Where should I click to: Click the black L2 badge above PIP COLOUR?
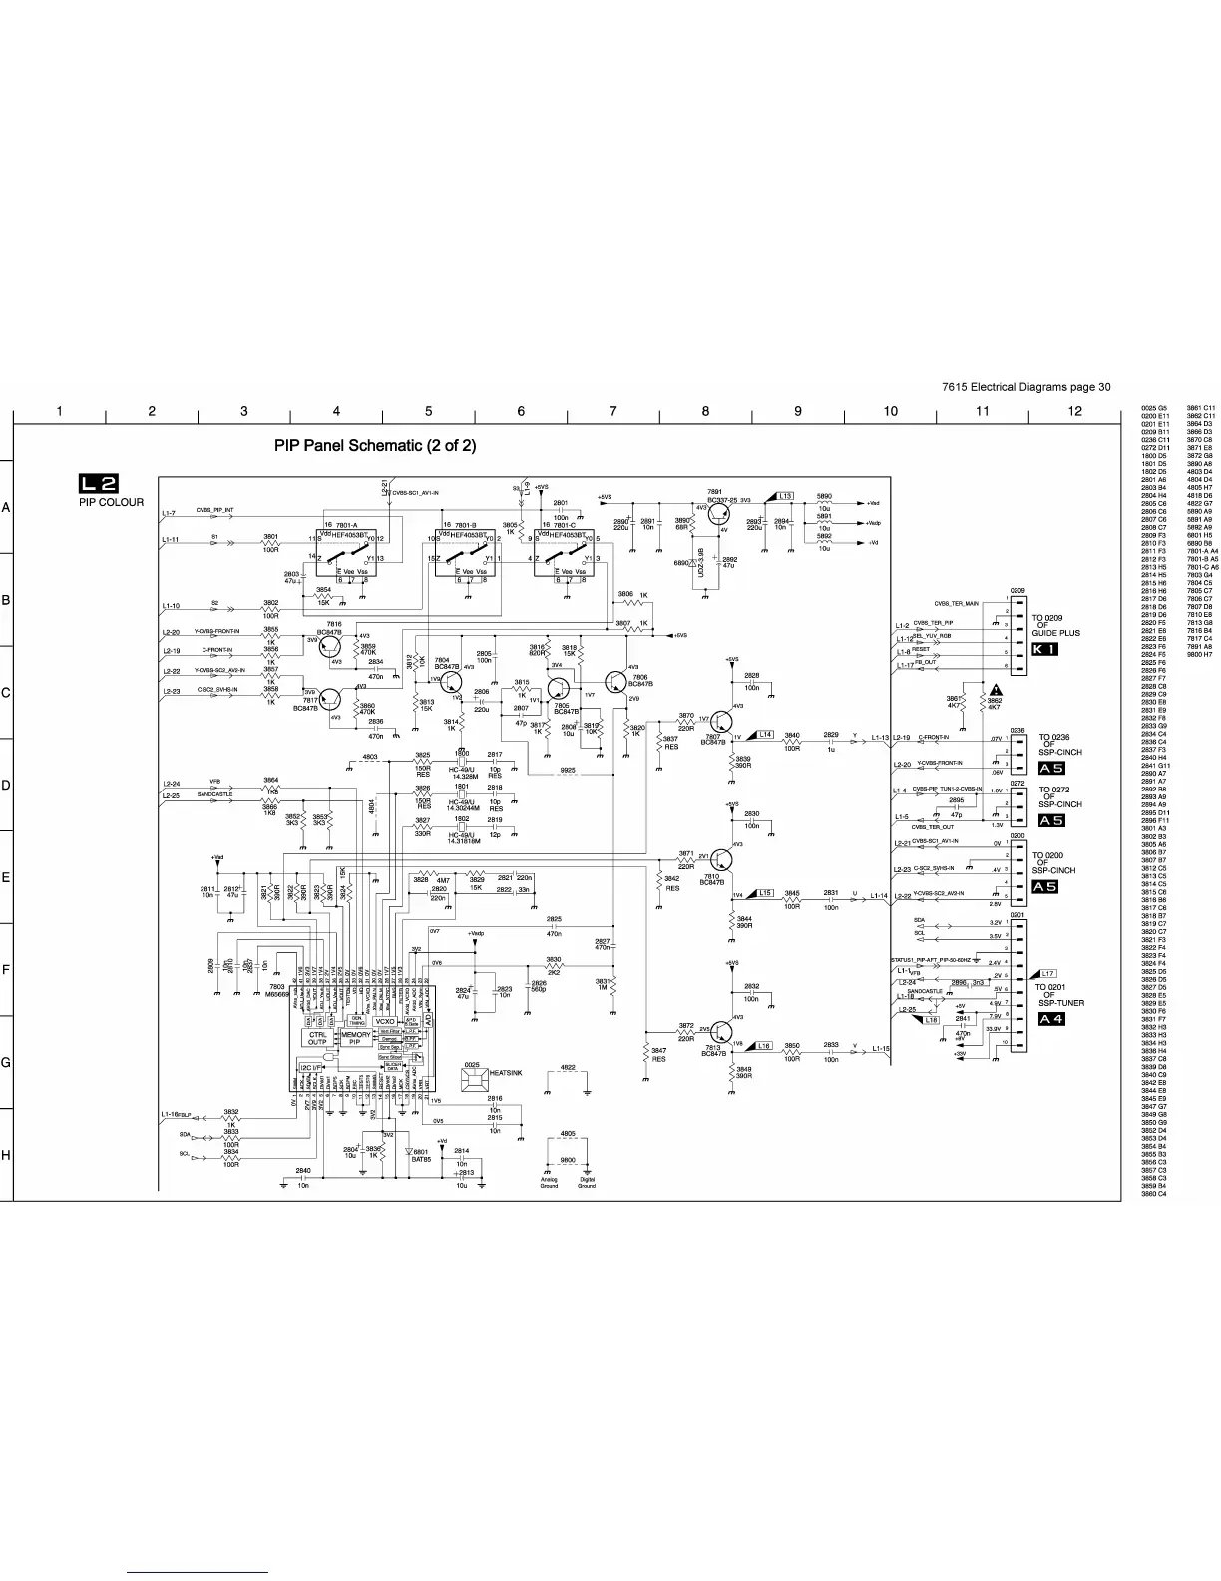(99, 484)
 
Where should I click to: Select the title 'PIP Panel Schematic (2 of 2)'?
(375, 446)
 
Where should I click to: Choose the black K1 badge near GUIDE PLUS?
(1044, 649)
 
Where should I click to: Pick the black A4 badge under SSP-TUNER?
(1051, 1019)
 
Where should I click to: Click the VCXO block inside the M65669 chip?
(385, 1022)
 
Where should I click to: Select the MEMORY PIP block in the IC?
(355, 1039)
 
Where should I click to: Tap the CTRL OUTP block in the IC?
(317, 1039)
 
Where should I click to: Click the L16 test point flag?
(760, 1045)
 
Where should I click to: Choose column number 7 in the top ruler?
(612, 411)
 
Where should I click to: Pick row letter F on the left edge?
(6, 969)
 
